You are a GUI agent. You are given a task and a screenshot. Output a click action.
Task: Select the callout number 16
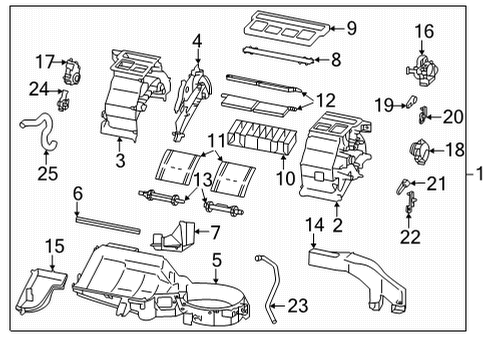coord(425,31)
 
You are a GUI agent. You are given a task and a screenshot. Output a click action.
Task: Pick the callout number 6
coord(76,191)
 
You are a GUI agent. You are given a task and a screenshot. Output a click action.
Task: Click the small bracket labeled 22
coord(410,206)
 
